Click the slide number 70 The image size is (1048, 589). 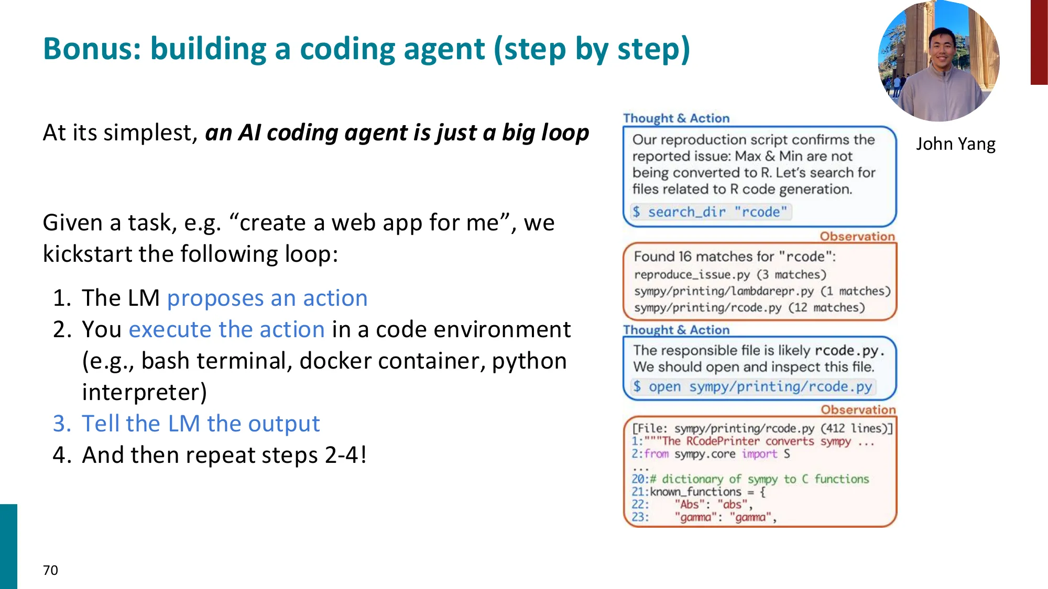coord(50,570)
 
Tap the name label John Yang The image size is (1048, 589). coord(955,143)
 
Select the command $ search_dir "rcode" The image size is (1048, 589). coord(710,212)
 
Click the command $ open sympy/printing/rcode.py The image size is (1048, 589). coord(752,387)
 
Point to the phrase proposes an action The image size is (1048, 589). coord(267,298)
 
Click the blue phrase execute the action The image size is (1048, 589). coord(227,329)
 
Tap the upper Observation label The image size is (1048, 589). coord(857,236)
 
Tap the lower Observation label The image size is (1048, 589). coord(858,409)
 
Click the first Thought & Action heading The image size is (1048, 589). coord(676,118)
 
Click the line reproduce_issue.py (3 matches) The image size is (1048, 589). coord(729,274)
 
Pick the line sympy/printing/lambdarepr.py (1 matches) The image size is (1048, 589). coord(762,291)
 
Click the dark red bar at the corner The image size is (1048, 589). coord(1039,42)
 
